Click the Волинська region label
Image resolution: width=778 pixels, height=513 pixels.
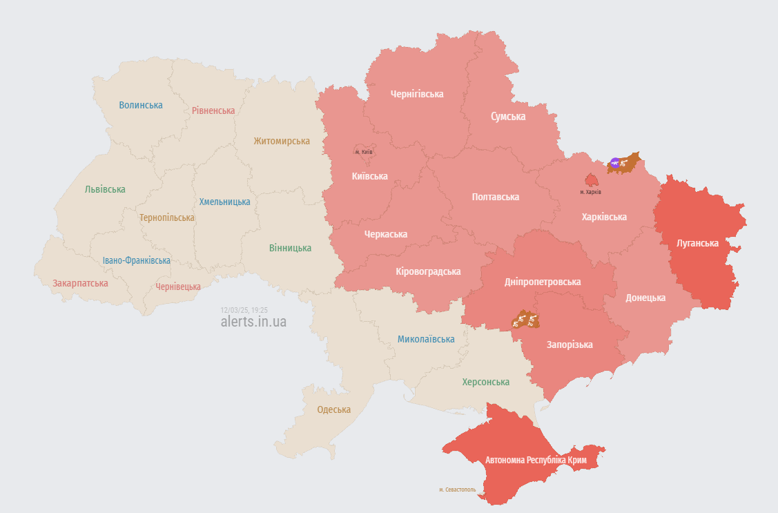141,105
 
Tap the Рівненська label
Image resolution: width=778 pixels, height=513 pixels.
213,110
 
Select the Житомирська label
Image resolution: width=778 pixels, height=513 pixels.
282,141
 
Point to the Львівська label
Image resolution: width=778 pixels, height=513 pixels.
105,189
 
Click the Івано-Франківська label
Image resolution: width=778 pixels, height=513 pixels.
136,260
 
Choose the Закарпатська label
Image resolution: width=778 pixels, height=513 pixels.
80,283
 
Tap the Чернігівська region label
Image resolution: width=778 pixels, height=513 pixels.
416,94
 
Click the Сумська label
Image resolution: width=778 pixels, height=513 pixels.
507,117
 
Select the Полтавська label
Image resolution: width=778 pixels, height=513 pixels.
495,197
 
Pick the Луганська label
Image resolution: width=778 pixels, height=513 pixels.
697,244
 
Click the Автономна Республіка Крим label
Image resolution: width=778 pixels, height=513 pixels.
536,460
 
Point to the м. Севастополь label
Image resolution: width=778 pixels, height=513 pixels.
457,490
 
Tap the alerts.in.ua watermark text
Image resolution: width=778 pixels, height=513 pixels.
253,322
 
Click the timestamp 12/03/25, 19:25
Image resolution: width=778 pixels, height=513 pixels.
244,311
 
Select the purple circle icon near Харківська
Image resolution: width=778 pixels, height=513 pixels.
614,164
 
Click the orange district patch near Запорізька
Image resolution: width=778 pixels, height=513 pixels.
525,320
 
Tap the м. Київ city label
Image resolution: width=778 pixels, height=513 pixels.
364,152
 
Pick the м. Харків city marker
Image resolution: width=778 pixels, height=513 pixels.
591,180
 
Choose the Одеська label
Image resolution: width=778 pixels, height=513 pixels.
333,409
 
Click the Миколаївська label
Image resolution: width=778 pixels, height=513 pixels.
426,340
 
